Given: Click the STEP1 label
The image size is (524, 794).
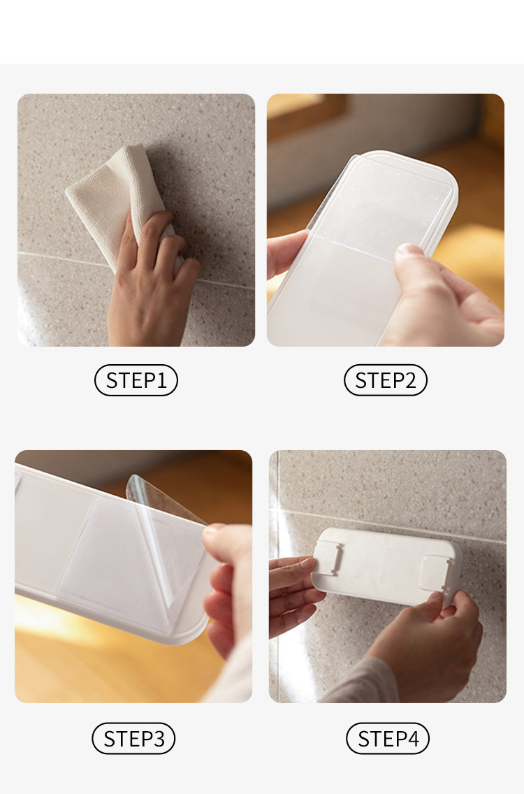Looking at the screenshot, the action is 136,380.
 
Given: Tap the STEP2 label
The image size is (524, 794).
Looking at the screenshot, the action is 386,380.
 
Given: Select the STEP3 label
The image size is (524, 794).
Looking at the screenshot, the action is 133,739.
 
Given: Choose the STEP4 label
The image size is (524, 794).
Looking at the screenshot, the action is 388,739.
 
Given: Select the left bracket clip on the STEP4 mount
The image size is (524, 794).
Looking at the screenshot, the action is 328,558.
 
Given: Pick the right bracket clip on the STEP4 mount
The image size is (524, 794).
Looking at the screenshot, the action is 435,572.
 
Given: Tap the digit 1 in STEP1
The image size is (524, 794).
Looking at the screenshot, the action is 162,380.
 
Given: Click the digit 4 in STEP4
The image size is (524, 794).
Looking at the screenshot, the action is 413,739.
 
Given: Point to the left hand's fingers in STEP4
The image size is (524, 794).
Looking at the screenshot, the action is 293,593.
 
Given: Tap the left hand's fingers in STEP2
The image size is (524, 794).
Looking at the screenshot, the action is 285,253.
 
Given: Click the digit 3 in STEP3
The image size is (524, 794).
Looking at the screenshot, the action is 159,739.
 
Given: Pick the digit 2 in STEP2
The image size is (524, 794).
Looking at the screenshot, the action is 411,380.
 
